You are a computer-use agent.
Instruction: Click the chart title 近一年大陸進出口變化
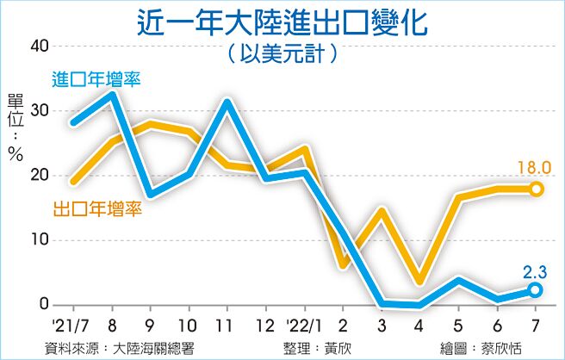[x=282, y=21]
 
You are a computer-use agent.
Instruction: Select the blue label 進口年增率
[x=96, y=79]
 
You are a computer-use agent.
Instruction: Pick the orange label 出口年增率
[x=97, y=208]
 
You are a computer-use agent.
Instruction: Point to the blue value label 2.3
[x=535, y=272]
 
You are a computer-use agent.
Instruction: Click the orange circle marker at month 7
[x=536, y=189]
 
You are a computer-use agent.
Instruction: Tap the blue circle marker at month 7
[x=536, y=290]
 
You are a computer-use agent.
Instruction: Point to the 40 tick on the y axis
[x=39, y=47]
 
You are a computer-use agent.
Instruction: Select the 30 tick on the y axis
[x=39, y=111]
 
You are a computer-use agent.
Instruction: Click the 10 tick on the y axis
[x=39, y=240]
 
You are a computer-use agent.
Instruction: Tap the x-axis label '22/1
[x=304, y=326]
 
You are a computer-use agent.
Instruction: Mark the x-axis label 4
[x=419, y=326]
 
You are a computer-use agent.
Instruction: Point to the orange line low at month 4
[x=419, y=280]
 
